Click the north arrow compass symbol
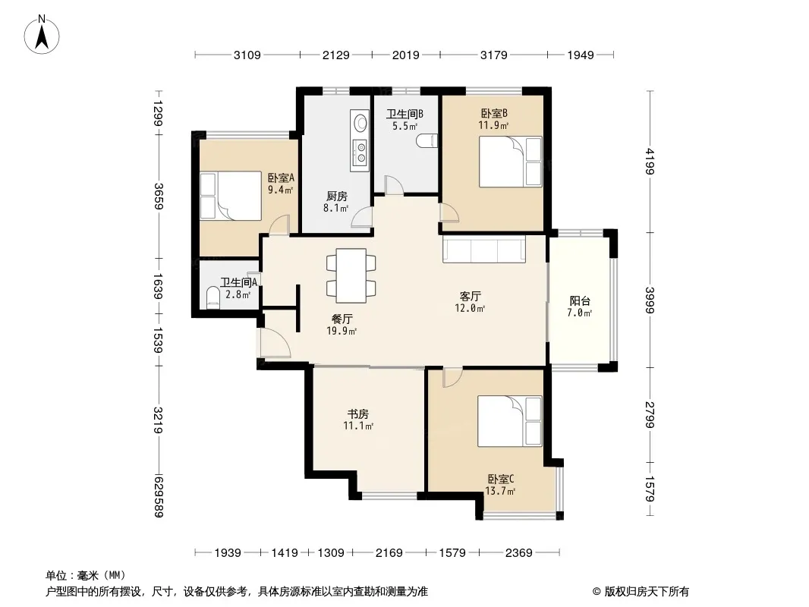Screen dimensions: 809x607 tap(42, 35)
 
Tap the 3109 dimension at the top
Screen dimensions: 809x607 tap(247, 55)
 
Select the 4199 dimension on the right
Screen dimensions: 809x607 tap(650, 162)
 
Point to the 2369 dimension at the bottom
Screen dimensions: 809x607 tap(518, 553)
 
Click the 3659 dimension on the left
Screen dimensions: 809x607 tap(159, 197)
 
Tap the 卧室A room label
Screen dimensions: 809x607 tap(281, 178)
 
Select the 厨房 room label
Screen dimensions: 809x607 tap(336, 196)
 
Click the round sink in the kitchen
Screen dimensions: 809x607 tap(360, 123)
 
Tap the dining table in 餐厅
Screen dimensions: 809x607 tap(351, 275)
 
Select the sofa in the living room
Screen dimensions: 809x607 tap(484, 249)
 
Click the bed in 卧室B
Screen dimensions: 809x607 tap(510, 162)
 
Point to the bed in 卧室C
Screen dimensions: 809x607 tap(509, 421)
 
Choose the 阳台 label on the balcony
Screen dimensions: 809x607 tap(580, 300)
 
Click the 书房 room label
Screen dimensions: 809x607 tap(357, 414)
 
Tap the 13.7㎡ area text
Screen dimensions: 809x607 tap(500, 491)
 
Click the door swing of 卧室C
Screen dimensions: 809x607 tap(452, 378)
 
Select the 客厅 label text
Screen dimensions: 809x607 tap(470, 296)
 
